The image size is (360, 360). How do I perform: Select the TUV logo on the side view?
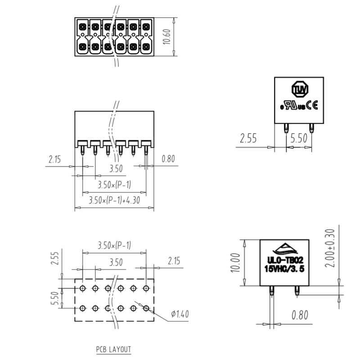point(300,89)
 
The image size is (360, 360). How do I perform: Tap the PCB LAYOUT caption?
point(113,349)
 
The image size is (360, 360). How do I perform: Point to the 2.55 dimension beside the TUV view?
point(248,138)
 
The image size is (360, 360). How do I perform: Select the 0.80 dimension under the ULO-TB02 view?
point(300,315)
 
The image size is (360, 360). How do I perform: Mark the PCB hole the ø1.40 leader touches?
point(146,308)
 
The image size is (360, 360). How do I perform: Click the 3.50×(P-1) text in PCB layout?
point(114,245)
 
